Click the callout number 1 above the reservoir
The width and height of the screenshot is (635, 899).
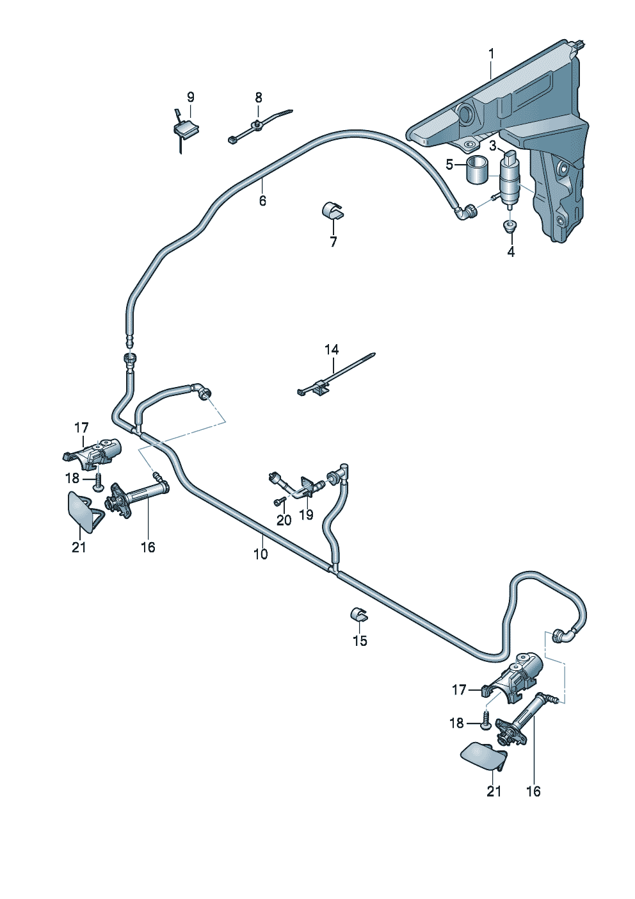pos(491,54)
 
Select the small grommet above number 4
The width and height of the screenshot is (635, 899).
pos(510,226)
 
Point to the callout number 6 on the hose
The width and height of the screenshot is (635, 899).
pos(262,201)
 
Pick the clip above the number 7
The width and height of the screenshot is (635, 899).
pos(332,211)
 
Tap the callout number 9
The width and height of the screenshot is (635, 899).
pos(190,97)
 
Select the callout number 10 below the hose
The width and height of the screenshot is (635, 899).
pos(261,554)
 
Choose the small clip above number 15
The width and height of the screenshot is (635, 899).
pos(358,614)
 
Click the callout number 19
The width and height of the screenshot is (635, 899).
pos(307,514)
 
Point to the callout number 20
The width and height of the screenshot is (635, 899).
pos(284,520)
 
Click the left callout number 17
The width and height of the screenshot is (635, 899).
pos(81,427)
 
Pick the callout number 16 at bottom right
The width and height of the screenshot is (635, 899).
pos(533,791)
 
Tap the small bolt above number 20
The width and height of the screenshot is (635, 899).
pos(279,502)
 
